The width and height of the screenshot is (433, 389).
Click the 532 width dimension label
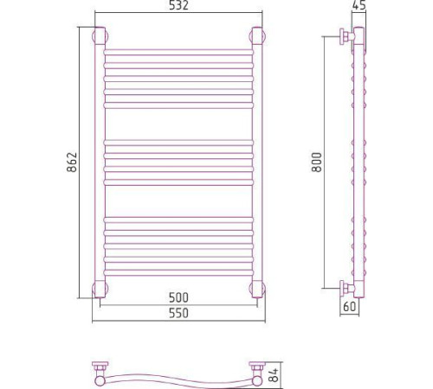click(x=178, y=5)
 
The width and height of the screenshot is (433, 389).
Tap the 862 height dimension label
click(x=72, y=162)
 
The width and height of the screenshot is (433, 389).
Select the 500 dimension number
click(x=178, y=297)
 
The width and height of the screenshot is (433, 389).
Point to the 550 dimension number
click(x=178, y=313)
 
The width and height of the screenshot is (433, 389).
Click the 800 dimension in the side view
click(x=317, y=163)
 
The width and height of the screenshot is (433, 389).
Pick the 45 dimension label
click(x=359, y=5)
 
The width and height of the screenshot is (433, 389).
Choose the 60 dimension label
click(x=350, y=306)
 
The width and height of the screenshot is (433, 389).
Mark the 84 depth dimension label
click(x=274, y=374)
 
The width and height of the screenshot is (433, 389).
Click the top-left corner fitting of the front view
click(x=100, y=36)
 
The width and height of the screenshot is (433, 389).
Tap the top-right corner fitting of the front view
click(x=257, y=36)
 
